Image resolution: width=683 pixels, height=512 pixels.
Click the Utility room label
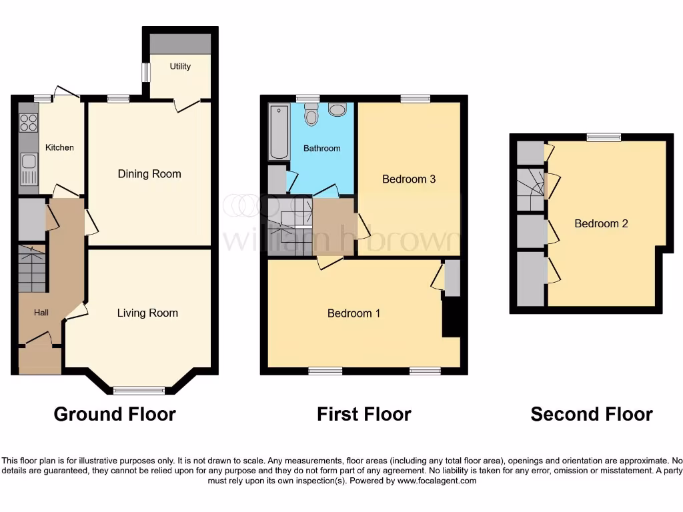click(x=180, y=66)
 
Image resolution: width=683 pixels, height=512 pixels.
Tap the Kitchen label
click(x=59, y=147)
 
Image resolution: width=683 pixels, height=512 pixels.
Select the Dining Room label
click(x=149, y=174)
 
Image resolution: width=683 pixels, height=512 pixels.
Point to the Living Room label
click(x=147, y=313)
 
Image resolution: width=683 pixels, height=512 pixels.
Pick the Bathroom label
click(x=322, y=148)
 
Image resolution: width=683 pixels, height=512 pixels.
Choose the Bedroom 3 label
click(x=409, y=179)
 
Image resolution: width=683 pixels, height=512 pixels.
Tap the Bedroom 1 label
click(x=354, y=313)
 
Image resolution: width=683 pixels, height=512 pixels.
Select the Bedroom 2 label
click(x=601, y=223)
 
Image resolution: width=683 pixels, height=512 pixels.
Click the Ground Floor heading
click(x=115, y=414)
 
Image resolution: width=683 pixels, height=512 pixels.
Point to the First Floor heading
click(x=364, y=414)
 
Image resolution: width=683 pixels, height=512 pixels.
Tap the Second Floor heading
click(x=592, y=414)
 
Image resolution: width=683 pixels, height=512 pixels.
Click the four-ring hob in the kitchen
click(x=29, y=123)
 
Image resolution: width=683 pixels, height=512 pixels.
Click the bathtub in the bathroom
click(x=279, y=131)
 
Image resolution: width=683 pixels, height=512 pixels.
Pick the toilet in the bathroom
click(x=311, y=117)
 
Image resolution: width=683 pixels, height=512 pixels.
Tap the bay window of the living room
click(x=139, y=391)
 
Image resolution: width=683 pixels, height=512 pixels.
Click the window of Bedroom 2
click(x=604, y=137)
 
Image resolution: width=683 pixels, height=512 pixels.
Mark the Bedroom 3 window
click(x=415, y=99)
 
